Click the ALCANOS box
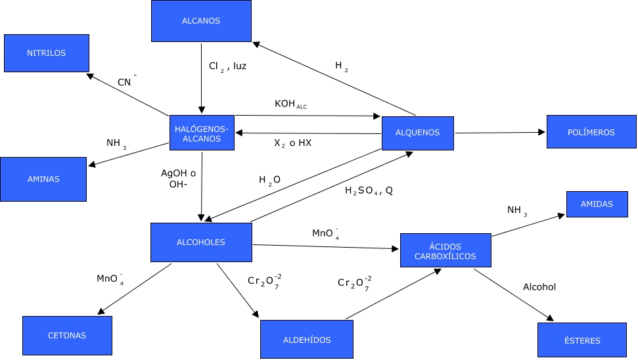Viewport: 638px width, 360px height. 201,21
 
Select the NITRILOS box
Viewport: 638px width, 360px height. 46,53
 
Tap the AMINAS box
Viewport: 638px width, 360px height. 43,179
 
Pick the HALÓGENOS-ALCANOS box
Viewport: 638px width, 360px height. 202,133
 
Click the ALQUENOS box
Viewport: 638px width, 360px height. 418,133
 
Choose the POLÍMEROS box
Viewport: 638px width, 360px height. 591,133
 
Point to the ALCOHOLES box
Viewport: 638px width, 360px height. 201,242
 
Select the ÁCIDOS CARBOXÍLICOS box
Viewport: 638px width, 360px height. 445,250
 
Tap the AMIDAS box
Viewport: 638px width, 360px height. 597,204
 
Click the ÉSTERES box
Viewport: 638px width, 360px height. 581,340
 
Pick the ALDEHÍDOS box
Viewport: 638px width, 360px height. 307,340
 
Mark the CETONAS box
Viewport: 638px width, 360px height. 67,336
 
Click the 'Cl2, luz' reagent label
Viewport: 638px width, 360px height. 227,66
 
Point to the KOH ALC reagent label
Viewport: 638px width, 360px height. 290,105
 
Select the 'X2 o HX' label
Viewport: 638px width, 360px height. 292,143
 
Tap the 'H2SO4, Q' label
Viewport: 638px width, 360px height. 369,191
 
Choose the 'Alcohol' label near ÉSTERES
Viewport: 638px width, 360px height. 539,287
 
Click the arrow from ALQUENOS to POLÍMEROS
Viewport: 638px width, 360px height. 499,133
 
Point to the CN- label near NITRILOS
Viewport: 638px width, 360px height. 127,81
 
